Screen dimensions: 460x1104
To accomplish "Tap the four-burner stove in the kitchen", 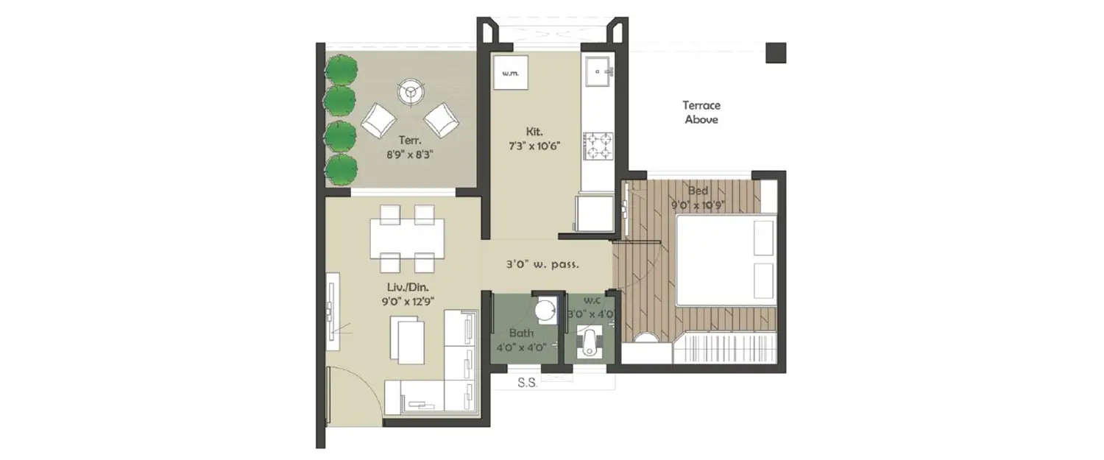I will [x=599, y=145].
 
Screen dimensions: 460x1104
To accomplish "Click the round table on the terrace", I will [x=410, y=93].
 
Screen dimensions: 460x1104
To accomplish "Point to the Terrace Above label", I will [x=701, y=112].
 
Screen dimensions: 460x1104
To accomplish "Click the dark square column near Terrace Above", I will [x=776, y=53].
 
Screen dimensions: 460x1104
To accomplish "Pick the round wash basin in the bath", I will [x=545, y=311].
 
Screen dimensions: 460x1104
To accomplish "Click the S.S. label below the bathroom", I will [x=527, y=383].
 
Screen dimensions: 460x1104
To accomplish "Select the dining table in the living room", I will [x=407, y=237].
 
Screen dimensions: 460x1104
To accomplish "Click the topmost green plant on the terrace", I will [x=341, y=70].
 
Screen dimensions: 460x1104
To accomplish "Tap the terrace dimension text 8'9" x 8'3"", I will [x=409, y=155].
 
